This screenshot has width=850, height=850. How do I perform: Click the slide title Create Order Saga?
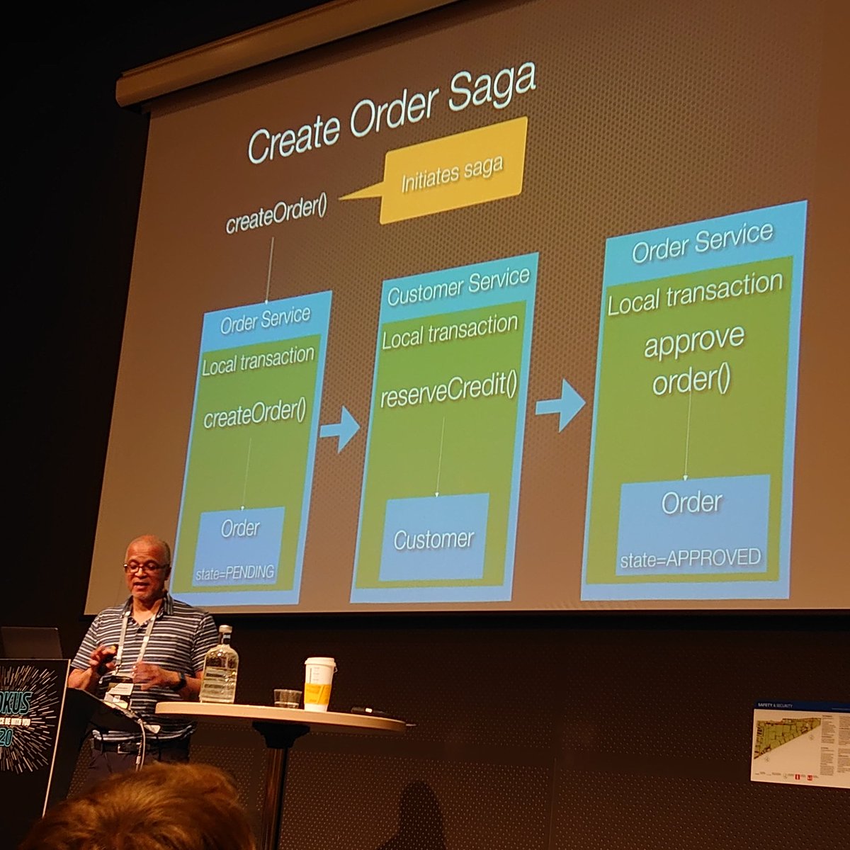391,113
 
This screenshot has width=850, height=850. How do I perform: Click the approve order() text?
693,361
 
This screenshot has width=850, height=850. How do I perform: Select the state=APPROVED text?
690,558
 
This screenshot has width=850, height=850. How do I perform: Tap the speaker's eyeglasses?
146,567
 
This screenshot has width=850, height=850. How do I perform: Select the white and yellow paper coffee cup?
319,684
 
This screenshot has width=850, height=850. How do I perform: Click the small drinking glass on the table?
288,698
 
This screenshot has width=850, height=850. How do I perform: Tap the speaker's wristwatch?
181,681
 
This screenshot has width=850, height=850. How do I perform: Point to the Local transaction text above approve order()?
694,293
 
